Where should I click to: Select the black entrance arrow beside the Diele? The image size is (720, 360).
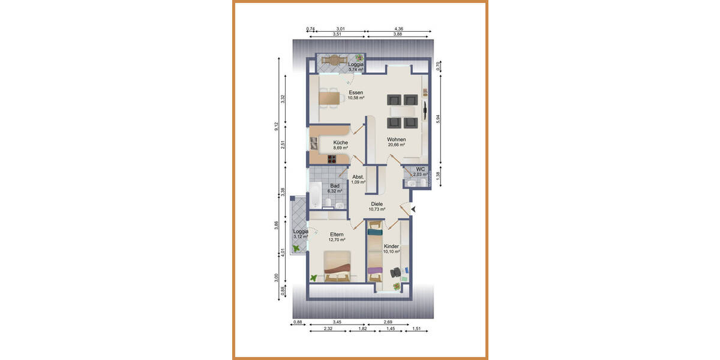(412, 209)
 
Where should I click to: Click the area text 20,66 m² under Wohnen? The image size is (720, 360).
(396, 145)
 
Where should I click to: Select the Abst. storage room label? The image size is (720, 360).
(358, 177)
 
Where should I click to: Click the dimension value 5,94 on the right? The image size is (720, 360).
(438, 119)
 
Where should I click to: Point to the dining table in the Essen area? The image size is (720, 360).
(329, 97)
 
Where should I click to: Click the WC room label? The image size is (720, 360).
(420, 169)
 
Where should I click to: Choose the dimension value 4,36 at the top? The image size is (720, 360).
(398, 29)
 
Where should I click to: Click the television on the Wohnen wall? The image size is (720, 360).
(425, 109)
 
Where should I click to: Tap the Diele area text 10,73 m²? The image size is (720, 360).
(377, 209)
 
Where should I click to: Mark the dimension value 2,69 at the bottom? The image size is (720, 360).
(389, 323)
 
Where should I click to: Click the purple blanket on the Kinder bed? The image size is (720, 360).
(375, 271)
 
